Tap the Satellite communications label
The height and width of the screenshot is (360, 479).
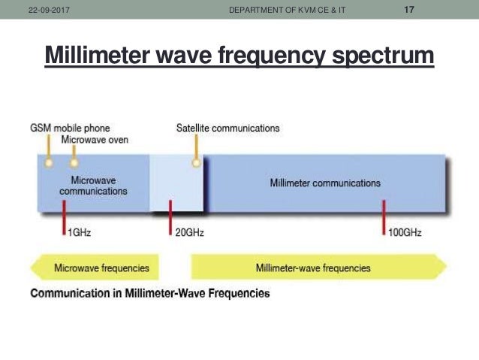[227, 128]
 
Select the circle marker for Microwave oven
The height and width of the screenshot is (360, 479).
[74, 162]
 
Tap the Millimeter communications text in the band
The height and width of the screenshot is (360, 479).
[324, 183]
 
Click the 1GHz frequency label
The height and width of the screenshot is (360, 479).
[80, 233]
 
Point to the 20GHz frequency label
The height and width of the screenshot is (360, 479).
[189, 233]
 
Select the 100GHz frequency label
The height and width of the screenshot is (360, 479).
[405, 233]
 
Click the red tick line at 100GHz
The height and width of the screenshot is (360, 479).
[384, 218]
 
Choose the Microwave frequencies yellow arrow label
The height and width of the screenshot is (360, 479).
[101, 268]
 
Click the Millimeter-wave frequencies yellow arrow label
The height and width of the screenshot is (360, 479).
[312, 268]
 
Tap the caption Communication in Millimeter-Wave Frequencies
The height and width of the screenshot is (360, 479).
[149, 293]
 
